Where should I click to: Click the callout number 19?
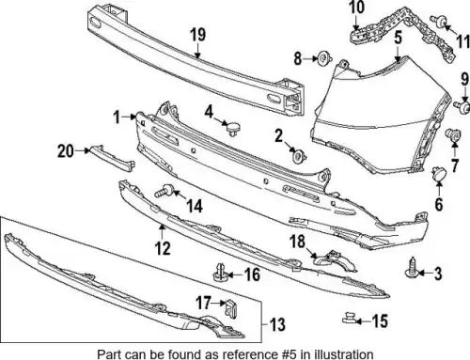198,35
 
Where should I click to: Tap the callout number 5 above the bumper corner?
398,38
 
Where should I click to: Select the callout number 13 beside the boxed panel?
277,324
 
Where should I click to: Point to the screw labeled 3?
411,268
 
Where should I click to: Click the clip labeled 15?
349,317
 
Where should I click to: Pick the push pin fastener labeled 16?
220,273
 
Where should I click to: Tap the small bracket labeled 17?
231,308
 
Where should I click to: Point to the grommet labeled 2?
299,156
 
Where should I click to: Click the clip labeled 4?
233,129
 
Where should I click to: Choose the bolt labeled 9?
462,106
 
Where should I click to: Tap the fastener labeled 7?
453,134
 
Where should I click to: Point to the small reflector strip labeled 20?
111,158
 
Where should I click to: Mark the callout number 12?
163,248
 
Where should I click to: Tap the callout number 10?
357,8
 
